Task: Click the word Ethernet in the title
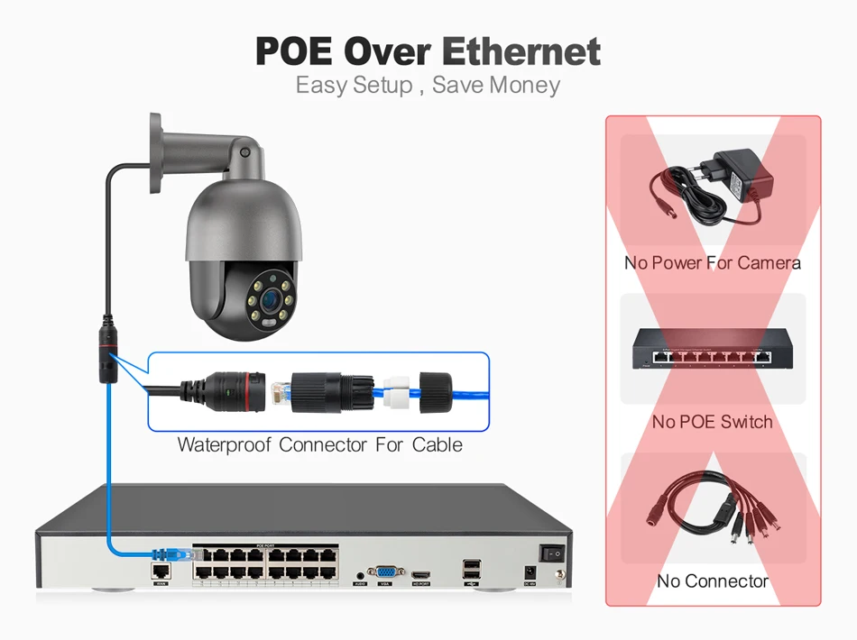(x=521, y=50)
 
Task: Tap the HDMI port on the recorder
(x=421, y=572)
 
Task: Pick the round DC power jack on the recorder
(x=530, y=571)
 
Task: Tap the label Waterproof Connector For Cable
(x=319, y=444)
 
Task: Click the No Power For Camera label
(x=712, y=263)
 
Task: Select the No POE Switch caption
(x=712, y=421)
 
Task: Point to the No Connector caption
(x=712, y=581)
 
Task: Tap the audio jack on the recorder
(x=359, y=572)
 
